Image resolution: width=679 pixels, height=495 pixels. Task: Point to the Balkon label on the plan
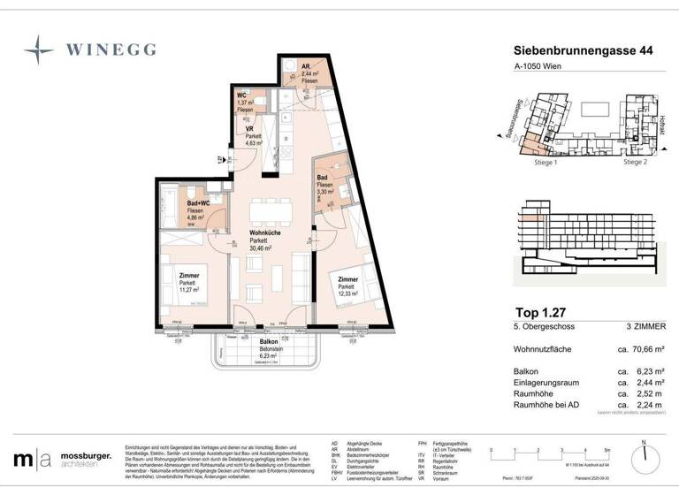268,341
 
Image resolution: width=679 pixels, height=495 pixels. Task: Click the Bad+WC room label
197,203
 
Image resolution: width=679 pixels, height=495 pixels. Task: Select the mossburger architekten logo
63,459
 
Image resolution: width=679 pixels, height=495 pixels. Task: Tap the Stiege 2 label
635,163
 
